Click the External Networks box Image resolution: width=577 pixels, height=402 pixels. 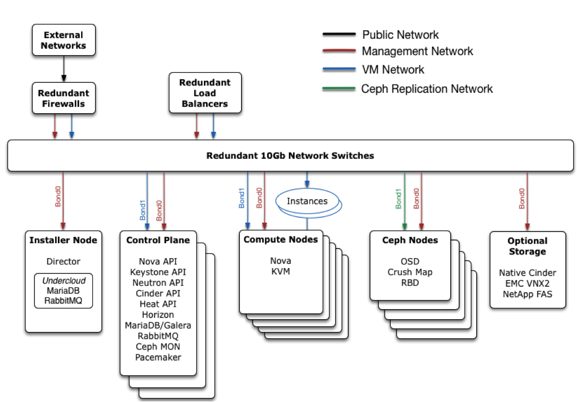pos(64,40)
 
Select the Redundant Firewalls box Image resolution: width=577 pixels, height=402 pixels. pos(64,98)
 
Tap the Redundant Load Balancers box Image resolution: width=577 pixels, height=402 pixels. pos(205,93)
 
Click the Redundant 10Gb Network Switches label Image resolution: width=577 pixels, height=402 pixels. pos(290,156)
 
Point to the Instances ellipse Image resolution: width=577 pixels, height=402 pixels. pos(307,201)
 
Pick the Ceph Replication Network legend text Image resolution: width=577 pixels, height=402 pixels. pos(427,89)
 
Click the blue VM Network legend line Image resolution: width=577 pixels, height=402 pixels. pos(339,70)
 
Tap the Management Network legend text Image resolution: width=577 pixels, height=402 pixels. pos(417,52)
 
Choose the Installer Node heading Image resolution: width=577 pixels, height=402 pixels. pos(63,240)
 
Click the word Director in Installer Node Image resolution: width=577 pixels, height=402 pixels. pos(63,261)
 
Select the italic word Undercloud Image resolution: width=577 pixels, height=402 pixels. pos(63,280)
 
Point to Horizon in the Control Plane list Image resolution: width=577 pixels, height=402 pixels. pos(158,314)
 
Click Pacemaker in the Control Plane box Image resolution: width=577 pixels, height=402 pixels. pos(158,357)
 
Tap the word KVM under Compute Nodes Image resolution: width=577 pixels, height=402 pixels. pos(281,271)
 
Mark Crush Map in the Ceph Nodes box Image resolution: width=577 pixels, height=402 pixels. pos(410,272)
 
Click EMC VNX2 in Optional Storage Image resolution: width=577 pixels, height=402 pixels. pos(527,283)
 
